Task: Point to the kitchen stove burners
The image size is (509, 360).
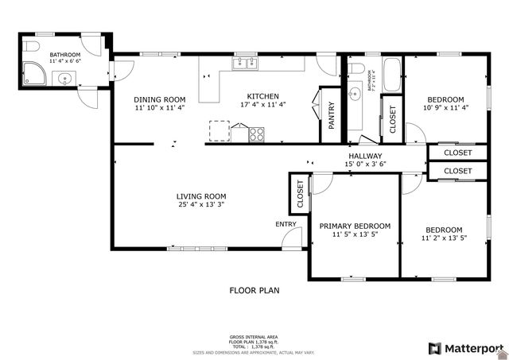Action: point(257,134)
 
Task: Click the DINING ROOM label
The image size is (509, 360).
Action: point(159,99)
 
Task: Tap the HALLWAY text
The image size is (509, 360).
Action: point(365,156)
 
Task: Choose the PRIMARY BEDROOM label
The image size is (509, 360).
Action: point(355,226)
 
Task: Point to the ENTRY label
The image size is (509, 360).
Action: point(286,225)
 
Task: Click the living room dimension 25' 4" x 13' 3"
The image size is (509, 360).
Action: point(201,205)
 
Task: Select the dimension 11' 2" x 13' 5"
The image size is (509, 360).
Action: point(443,238)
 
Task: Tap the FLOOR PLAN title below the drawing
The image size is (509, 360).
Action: point(254,291)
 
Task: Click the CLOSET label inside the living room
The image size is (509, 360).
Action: point(300,195)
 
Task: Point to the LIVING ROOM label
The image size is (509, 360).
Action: point(201,196)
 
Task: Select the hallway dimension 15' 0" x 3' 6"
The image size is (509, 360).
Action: point(365,165)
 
